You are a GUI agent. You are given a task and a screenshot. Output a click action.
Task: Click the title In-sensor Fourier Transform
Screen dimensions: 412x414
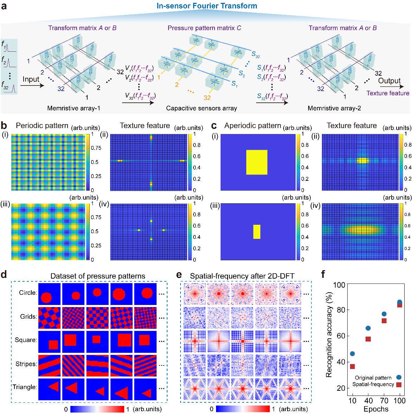click(x=207, y=6)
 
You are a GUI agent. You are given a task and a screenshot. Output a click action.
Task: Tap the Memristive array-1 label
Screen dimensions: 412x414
click(x=74, y=108)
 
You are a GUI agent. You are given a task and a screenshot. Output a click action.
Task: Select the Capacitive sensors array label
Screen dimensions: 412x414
click(x=202, y=108)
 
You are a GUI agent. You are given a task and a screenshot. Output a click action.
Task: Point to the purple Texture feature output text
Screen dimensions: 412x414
click(x=388, y=93)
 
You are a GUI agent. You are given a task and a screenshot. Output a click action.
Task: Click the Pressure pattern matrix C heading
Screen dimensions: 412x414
click(x=204, y=28)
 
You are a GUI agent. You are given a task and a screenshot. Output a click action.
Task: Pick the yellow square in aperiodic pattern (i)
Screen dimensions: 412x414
click(x=257, y=162)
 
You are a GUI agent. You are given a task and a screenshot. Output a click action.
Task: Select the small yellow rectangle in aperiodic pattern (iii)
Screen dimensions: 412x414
click(x=257, y=231)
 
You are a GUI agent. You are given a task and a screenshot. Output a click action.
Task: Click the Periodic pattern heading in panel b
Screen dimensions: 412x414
click(x=42, y=126)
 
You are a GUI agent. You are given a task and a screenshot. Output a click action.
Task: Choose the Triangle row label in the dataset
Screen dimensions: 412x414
click(x=25, y=387)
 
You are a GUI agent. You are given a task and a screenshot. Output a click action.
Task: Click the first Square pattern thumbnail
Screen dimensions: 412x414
click(x=49, y=342)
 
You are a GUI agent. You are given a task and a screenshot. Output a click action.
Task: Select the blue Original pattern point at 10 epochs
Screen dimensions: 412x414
click(x=352, y=354)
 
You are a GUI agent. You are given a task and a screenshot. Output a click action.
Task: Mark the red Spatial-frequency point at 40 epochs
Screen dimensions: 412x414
click(x=368, y=339)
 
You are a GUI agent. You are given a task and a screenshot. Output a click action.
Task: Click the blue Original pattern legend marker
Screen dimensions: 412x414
click(x=399, y=377)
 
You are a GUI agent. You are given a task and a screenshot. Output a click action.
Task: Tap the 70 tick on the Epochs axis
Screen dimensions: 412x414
click(x=384, y=401)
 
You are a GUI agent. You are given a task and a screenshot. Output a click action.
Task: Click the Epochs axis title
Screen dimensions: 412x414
click(x=376, y=409)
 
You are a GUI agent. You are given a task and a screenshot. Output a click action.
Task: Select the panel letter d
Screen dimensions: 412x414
click(x=4, y=275)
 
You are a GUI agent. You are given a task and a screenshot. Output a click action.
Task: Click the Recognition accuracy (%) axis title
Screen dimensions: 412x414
click(x=329, y=335)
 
